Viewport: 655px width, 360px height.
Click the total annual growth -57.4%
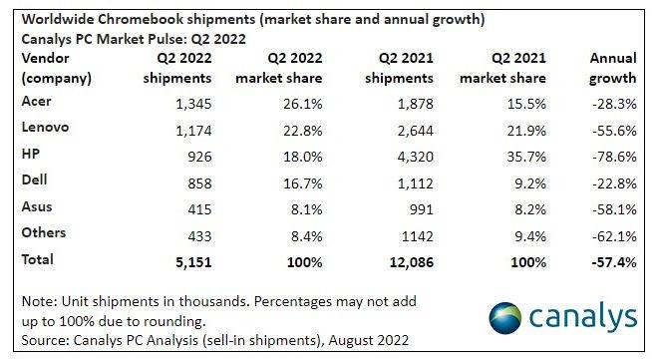coord(611,259)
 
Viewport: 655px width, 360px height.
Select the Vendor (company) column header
coord(56,68)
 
